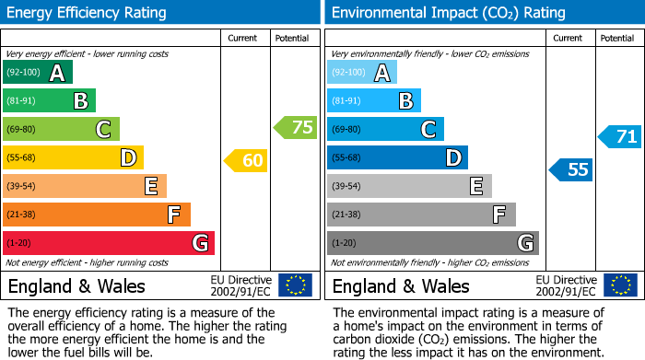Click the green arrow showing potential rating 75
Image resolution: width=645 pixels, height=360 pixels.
tap(296, 128)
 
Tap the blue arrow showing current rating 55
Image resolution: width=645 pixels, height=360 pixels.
tap(571, 169)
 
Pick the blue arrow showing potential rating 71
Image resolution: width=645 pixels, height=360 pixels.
tap(620, 137)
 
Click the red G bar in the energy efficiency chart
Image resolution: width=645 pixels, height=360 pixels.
tap(109, 243)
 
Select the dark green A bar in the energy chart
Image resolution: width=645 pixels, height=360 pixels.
tap(38, 73)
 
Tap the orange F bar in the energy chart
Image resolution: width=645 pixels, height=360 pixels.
tap(97, 215)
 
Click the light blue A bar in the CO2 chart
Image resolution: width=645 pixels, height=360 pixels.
tap(362, 73)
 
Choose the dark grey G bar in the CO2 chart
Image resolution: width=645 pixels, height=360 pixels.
tap(432, 243)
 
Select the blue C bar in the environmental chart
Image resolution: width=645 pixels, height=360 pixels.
tap(385, 129)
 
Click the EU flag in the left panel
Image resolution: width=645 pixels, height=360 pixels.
tap(296, 285)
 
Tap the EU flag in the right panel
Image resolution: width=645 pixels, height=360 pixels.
tap(620, 285)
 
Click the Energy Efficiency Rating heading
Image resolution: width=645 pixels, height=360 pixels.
tap(88, 13)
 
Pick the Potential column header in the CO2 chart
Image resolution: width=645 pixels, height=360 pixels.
tap(617, 39)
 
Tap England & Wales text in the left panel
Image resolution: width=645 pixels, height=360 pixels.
tap(76, 285)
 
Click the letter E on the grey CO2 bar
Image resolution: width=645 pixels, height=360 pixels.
tap(476, 186)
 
